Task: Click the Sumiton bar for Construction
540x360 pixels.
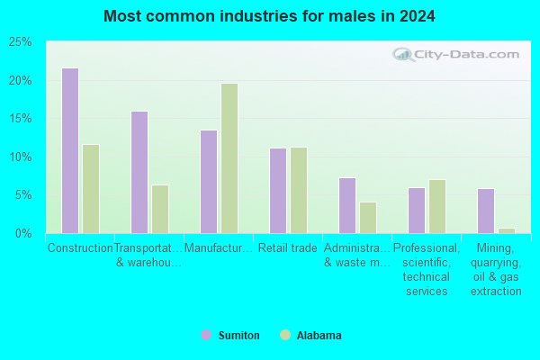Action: [70, 150]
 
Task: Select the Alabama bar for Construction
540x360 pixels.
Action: [91, 189]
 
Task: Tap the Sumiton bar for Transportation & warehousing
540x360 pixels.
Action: [139, 172]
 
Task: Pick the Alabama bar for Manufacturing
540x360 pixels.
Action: [229, 158]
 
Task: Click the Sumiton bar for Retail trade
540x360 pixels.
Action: [278, 191]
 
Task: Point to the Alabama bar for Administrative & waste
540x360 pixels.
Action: [368, 218]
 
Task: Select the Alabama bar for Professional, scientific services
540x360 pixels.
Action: [437, 206]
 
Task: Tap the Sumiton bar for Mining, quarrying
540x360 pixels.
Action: [486, 211]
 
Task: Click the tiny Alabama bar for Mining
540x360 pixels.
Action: [507, 230]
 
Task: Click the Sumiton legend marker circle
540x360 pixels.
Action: [206, 335]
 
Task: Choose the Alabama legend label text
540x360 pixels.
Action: [319, 335]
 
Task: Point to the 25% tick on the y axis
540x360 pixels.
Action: [21, 42]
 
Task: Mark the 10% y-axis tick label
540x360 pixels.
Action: [21, 157]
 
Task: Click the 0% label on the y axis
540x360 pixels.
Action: [23, 234]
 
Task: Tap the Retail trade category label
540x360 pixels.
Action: [288, 247]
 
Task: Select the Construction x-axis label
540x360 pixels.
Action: [80, 247]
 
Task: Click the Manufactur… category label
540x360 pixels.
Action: [219, 247]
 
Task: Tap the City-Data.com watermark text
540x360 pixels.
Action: [466, 54]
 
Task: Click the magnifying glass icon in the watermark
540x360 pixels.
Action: [403, 54]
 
